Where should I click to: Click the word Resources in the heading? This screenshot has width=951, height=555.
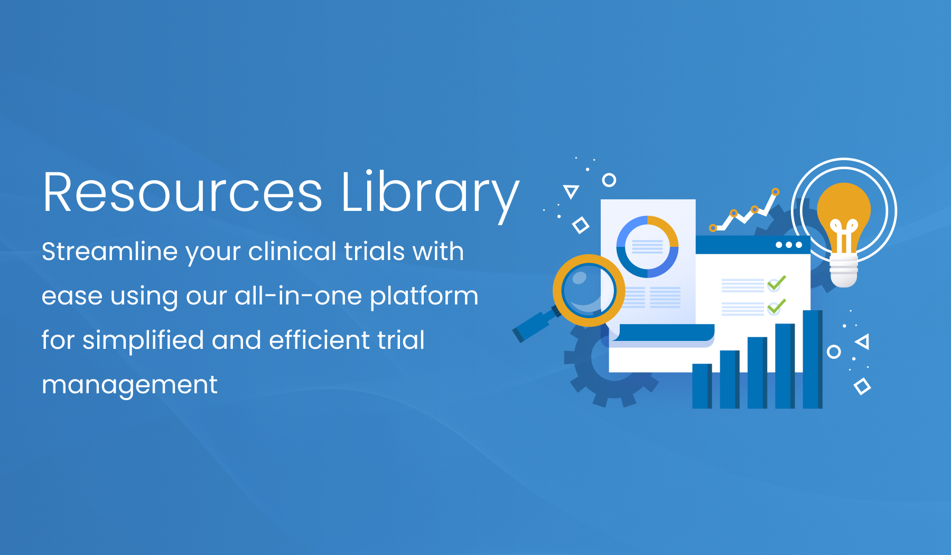click(x=182, y=193)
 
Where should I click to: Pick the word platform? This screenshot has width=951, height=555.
click(x=424, y=297)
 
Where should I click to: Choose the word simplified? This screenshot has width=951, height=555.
click(x=143, y=340)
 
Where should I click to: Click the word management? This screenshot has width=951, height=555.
click(x=129, y=385)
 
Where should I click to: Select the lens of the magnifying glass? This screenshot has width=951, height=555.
click(x=589, y=290)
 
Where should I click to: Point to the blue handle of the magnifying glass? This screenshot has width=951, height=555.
click(x=533, y=326)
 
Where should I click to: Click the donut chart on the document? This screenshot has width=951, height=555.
click(x=647, y=246)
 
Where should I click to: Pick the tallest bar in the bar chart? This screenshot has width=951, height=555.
click(x=812, y=359)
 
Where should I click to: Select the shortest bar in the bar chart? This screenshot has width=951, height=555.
click(x=702, y=386)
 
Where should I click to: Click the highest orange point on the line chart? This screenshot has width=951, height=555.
click(x=775, y=192)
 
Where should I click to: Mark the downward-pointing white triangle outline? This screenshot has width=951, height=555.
click(x=571, y=191)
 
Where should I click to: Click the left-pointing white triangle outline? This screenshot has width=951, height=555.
click(x=862, y=341)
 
